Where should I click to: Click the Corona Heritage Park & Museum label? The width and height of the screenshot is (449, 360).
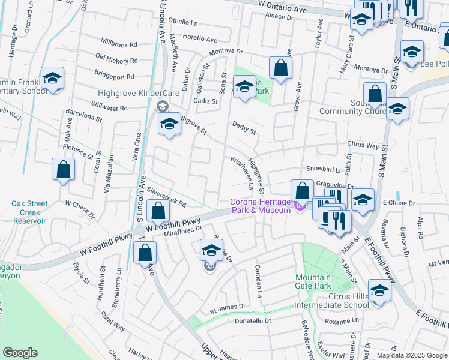pos(261,206)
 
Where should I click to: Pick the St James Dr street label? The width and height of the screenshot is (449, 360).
pos(228,307)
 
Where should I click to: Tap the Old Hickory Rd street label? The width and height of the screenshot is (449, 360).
pos(116,60)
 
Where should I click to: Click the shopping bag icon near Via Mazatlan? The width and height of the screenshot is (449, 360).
pos(63,170)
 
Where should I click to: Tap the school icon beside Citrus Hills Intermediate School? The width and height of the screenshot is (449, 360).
pos(379,290)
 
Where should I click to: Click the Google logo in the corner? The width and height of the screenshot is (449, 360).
pos(20,353)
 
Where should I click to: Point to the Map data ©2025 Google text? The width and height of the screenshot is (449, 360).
pos(412,355)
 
